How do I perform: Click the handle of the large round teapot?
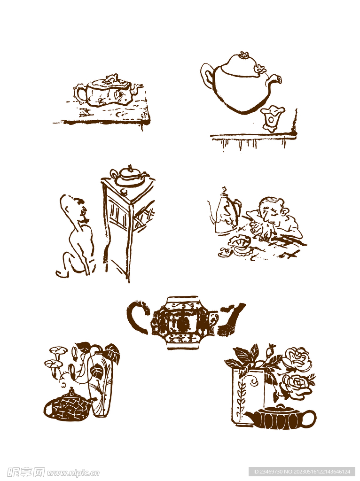[207, 76]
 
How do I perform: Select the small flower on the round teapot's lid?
[259, 69]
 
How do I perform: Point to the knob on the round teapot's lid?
[243, 55]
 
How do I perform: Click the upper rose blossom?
[297, 359]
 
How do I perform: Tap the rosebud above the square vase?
[271, 351]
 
